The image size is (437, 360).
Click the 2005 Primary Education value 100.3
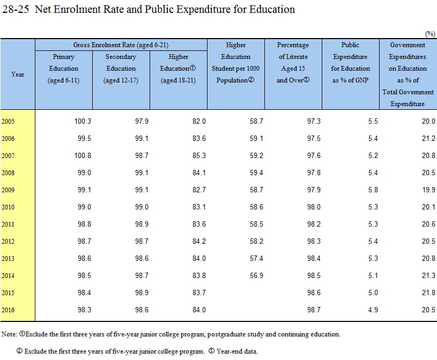[83, 122]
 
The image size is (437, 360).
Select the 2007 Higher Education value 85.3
[199, 156]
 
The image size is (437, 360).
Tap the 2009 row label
[8, 190]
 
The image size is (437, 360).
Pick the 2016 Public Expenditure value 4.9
[373, 310]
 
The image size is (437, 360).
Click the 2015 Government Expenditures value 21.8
[428, 293]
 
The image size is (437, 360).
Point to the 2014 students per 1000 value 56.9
[256, 276]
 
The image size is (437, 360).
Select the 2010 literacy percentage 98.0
[314, 207]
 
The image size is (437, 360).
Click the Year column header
[18, 74]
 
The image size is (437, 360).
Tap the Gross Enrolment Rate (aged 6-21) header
[121, 45]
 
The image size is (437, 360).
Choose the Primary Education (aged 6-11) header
[64, 69]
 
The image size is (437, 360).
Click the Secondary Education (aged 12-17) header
[121, 69]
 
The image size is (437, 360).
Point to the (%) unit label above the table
[430, 34]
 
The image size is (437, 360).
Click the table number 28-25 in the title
[16, 10]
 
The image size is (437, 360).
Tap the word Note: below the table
[9, 334]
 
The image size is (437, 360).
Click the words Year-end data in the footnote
[237, 351]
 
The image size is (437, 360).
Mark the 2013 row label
[8, 259]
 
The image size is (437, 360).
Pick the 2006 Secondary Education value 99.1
[142, 139]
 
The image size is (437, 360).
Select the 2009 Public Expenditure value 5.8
[373, 190]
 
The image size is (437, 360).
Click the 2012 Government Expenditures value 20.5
[428, 242]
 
